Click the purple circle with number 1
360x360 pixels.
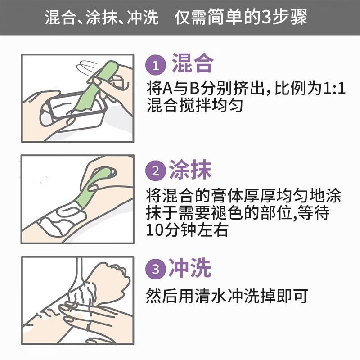coord(156,65)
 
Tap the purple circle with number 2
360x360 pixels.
coord(155,171)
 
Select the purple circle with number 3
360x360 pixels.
coord(155,268)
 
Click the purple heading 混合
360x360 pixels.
coord(193,63)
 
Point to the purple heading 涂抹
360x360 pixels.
coord(190,170)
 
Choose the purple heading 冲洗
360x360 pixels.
coord(190,267)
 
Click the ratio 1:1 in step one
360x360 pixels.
coord(334,88)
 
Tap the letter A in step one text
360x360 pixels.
coord(167,89)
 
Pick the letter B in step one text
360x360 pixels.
coord(194,89)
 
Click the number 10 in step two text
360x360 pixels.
coord(155,230)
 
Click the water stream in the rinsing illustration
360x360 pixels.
coord(79,273)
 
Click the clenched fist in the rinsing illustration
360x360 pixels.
coord(108,279)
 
